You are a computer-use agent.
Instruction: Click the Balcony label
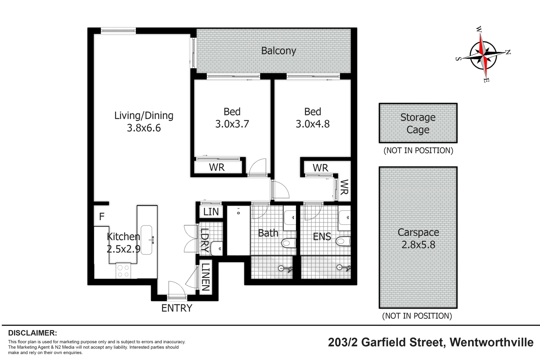(x=278, y=51)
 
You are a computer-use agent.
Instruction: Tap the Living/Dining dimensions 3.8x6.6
(x=144, y=128)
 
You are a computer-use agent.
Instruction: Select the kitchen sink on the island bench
(x=147, y=240)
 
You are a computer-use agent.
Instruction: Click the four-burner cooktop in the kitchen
(x=123, y=271)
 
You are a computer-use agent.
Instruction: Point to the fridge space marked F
(x=102, y=217)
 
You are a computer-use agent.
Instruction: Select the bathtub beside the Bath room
(x=238, y=230)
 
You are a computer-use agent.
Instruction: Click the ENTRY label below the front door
(x=177, y=308)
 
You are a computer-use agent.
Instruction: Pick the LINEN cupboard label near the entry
(x=205, y=277)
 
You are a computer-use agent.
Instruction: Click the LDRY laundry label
(x=204, y=240)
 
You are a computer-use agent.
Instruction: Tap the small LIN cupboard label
(x=211, y=212)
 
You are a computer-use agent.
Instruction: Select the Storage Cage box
(x=418, y=123)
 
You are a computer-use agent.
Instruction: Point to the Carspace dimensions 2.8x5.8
(x=418, y=245)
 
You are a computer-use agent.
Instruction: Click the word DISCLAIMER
(x=32, y=333)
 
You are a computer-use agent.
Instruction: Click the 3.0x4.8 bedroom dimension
(x=312, y=124)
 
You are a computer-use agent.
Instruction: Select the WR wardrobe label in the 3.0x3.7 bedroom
(x=217, y=167)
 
